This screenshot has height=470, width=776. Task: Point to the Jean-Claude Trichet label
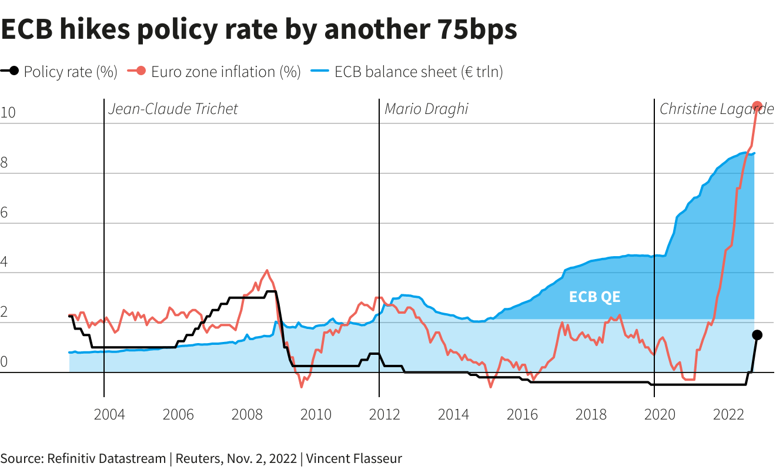point(173,109)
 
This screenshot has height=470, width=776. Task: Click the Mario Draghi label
point(426,109)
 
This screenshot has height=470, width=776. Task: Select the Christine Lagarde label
point(716,109)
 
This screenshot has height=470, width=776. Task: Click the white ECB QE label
point(594,297)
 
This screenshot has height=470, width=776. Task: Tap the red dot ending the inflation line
point(757,106)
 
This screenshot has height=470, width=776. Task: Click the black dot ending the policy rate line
point(757,335)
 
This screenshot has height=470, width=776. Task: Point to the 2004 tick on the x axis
point(109,415)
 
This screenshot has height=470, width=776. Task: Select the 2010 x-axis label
point(316,415)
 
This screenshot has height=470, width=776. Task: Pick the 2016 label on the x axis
point(522,415)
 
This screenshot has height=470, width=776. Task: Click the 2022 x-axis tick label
point(728,415)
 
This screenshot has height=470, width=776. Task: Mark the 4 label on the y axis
point(4,263)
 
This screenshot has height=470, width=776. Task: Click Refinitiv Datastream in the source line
point(106,458)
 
